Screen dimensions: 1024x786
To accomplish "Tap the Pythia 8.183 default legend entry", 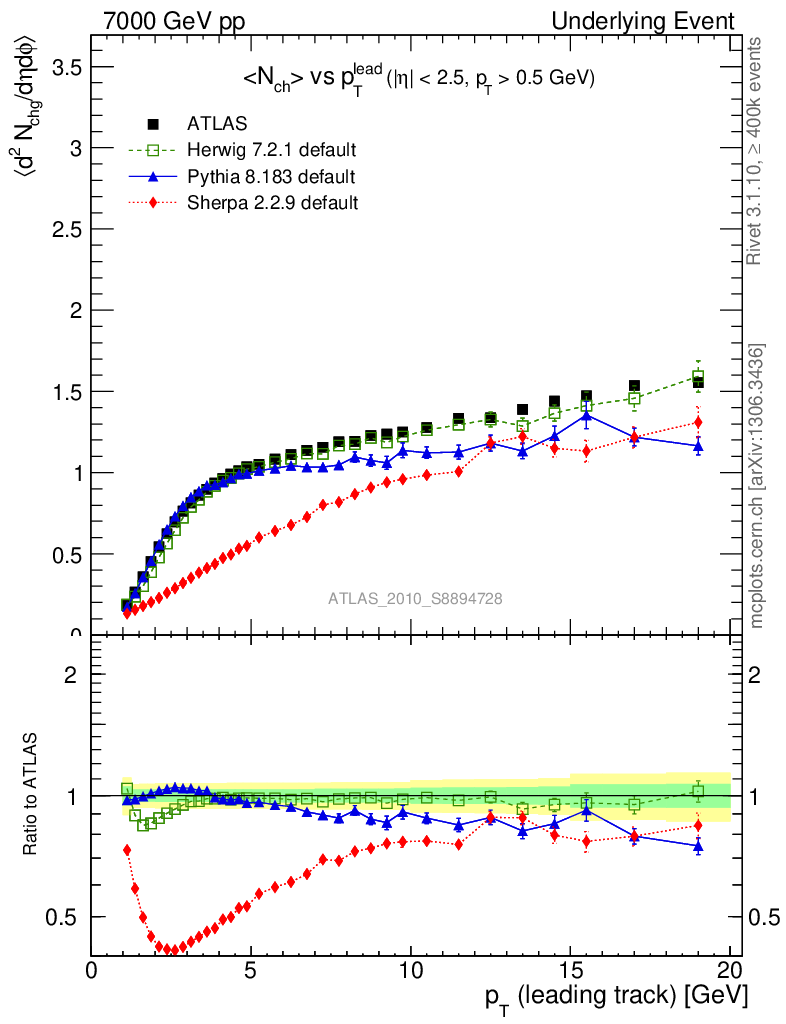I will (x=271, y=177).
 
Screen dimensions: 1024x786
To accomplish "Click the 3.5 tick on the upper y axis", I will (x=67, y=67).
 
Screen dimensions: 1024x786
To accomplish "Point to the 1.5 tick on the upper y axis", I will (x=67, y=392).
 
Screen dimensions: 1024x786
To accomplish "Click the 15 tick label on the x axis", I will (x=569, y=971).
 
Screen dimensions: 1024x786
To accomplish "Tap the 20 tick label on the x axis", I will (x=729, y=971).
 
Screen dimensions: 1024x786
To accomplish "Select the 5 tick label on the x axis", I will (x=251, y=971).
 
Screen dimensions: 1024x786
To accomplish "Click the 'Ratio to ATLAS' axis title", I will (x=34, y=795).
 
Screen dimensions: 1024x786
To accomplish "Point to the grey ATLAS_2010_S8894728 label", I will (x=415, y=599).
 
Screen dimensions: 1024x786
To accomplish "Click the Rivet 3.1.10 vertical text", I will (x=756, y=150).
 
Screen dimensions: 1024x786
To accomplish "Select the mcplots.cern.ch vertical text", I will (x=756, y=488).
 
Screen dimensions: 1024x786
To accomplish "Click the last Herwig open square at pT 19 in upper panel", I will (x=698, y=378).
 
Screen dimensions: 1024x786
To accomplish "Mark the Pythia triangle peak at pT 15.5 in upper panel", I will (x=586, y=415).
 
